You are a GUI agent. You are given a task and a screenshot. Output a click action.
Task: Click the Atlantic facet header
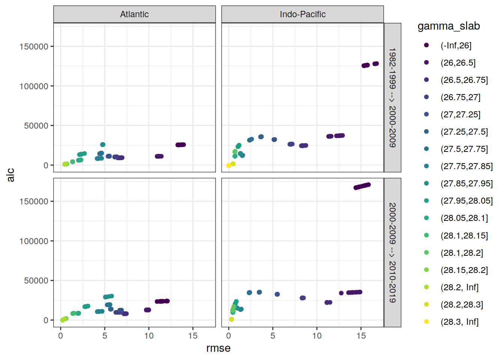coord(134,14)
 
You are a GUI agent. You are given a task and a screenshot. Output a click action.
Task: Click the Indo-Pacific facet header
coord(302,14)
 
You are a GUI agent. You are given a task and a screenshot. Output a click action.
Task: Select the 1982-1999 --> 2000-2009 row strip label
coord(392,97)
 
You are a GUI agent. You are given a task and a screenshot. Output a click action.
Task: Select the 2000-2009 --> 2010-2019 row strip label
coord(392,252)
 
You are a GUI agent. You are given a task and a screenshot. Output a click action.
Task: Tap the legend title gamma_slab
coord(448,26)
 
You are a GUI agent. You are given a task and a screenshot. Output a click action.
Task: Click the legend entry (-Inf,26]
coord(456,45)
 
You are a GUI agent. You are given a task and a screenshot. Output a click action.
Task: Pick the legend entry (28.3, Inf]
coord(459,322)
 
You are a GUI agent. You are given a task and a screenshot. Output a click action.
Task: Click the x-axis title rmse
coord(218,348)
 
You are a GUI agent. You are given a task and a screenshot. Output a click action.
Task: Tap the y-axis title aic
coord(10,175)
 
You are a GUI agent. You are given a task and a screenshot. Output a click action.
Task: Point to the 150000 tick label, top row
coord(34,46)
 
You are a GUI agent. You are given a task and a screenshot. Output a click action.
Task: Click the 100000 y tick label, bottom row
coord(34,241)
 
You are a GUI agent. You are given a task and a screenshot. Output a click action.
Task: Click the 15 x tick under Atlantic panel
coord(193,336)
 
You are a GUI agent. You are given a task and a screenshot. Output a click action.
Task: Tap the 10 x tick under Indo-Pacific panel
coord(317,336)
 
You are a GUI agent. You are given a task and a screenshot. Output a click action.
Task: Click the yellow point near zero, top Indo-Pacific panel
coord(229,165)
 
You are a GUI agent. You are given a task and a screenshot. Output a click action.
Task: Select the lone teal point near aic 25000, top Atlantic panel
coord(103,145)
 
